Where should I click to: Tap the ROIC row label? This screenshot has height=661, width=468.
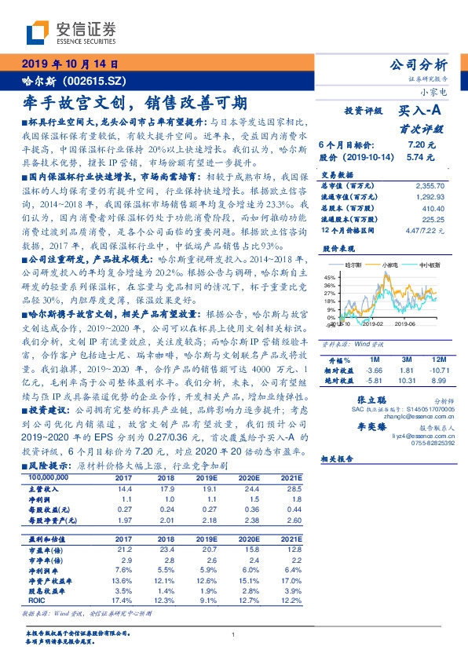click(x=35, y=599)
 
